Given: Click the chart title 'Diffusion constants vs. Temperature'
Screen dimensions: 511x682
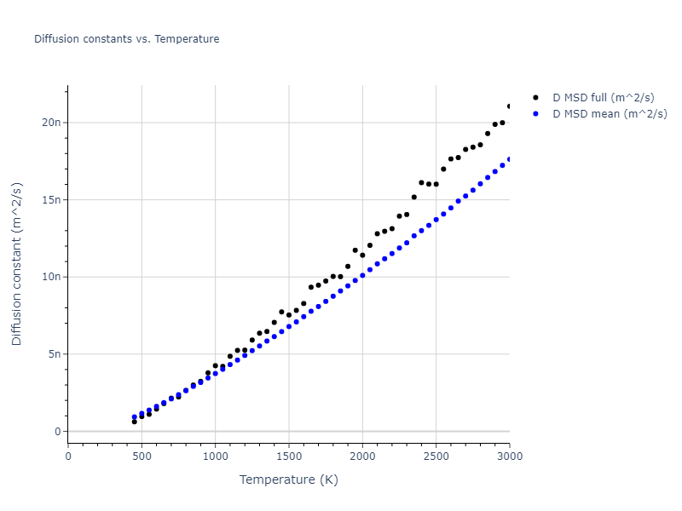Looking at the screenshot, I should click(126, 39).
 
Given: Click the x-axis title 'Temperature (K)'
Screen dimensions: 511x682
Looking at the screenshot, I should click(288, 479).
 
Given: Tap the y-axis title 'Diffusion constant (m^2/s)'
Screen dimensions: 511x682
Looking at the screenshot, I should click(17, 264).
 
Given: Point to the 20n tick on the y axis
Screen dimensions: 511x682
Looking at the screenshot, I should click(53, 123).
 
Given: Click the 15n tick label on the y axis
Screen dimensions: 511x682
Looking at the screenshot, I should click(53, 199).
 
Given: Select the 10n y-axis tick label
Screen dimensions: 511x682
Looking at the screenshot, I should click(53, 277).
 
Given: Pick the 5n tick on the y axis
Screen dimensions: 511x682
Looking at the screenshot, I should click(55, 354).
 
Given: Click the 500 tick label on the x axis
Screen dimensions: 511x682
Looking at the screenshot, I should click(142, 456).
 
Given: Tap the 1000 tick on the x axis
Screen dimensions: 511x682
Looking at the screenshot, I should click(215, 456).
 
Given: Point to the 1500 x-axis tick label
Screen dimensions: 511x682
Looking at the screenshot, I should click(289, 456).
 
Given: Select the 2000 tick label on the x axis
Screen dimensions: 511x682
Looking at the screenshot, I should click(362, 456).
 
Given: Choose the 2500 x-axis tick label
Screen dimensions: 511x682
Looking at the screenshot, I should click(436, 456).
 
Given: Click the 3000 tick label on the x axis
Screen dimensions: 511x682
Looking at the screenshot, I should click(509, 456).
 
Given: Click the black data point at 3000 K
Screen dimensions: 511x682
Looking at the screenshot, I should click(510, 106).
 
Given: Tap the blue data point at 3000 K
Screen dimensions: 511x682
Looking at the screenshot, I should click(510, 159).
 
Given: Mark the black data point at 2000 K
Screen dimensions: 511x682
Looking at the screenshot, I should click(362, 255).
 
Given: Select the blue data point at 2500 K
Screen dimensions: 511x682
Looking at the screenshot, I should click(436, 219).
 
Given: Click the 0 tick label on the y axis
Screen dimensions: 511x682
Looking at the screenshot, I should click(59, 432).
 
